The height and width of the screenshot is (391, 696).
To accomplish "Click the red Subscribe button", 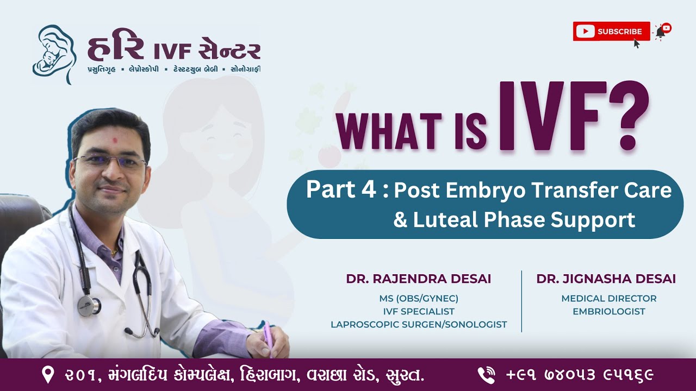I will point(611,31).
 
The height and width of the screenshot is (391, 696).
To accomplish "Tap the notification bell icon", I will point(661,32).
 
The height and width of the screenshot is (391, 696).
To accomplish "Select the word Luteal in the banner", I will point(444,220).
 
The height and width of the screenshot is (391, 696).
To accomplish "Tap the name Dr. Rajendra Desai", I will point(418,279).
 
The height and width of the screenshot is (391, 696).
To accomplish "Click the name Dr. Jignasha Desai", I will point(606,279).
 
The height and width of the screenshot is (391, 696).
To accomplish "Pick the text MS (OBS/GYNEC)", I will point(419,299).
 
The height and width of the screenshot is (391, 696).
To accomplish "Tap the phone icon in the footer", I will point(486,375).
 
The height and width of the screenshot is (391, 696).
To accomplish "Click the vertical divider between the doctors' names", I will point(521,301).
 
